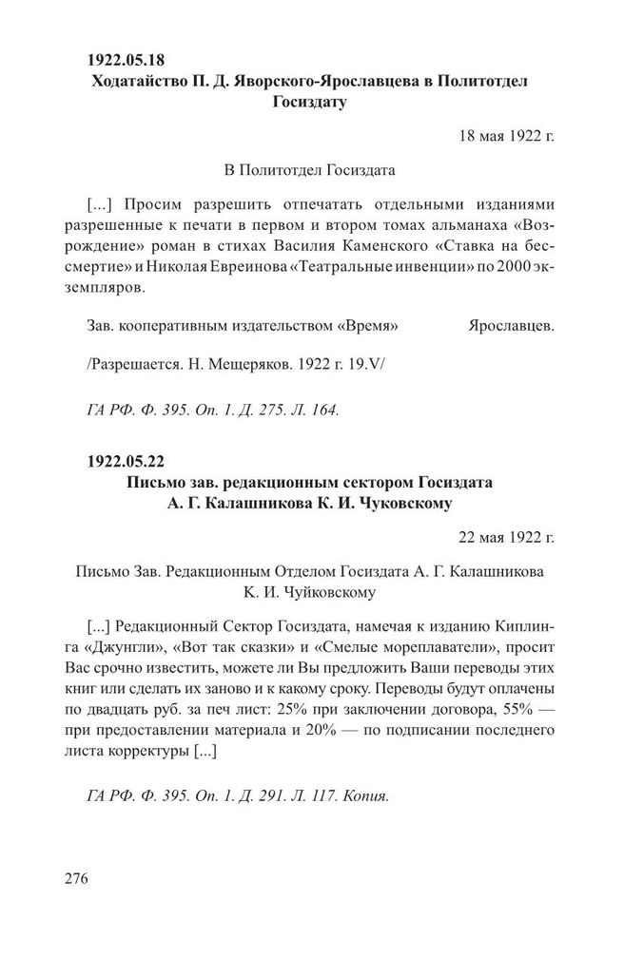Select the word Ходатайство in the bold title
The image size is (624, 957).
(139, 82)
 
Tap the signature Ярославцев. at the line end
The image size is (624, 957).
(512, 326)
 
